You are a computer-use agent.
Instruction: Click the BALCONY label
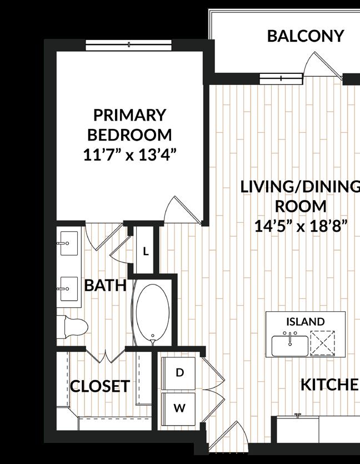coord(305,36)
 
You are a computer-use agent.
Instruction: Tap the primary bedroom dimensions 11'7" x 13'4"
coord(129,155)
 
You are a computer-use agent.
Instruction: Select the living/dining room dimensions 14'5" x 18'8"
coord(301,226)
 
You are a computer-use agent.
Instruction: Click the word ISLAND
coord(305,321)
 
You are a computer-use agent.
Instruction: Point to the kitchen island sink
coord(290,345)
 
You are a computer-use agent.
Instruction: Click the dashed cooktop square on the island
coord(322,343)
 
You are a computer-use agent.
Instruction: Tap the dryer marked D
coord(178,373)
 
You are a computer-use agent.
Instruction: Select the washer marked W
coord(178,409)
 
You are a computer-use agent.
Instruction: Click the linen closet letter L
coord(146,252)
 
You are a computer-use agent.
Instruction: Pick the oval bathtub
coord(153,313)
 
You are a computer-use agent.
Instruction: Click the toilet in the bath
coord(72,327)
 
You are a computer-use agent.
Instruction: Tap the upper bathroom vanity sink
coord(69,243)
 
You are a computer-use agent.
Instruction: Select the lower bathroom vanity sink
coord(69,289)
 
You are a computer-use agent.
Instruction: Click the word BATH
coord(106,286)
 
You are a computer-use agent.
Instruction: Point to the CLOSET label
coord(100,386)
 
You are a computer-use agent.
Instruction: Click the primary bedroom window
coord(129,45)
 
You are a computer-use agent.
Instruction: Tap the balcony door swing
coord(323,66)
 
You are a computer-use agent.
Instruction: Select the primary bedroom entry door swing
coord(183,209)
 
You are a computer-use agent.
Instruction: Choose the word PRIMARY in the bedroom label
coord(129,115)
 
